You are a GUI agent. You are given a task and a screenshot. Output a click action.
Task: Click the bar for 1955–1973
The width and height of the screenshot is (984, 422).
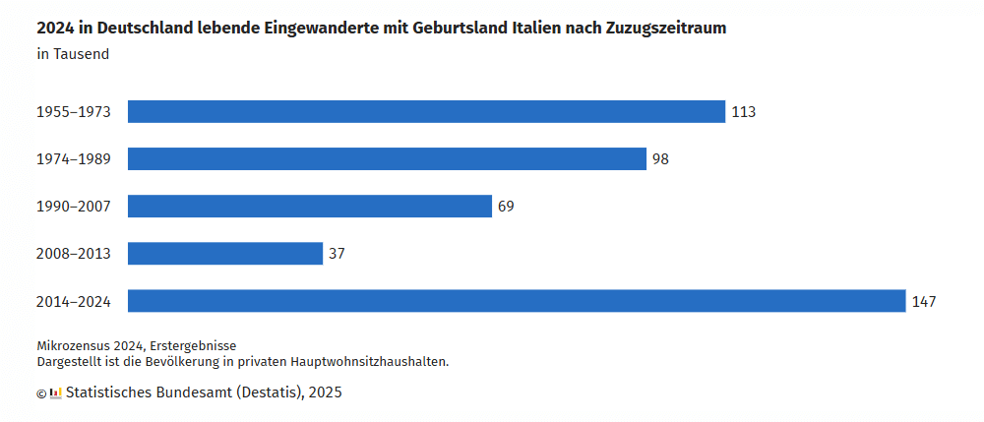[426, 112]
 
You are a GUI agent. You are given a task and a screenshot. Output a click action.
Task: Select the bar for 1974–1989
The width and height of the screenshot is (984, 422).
[387, 159]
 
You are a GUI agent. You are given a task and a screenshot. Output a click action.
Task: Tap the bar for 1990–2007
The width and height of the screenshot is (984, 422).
[310, 207]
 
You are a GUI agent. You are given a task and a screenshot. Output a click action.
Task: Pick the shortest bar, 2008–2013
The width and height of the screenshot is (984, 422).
[225, 254]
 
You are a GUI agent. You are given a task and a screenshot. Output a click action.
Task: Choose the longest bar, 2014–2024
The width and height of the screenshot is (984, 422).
[517, 301]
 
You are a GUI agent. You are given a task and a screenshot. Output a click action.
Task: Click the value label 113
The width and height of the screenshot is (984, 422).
[743, 112]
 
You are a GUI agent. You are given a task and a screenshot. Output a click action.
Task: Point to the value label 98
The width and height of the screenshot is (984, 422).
[660, 159]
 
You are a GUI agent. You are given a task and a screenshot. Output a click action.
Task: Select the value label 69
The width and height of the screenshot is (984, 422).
[506, 207]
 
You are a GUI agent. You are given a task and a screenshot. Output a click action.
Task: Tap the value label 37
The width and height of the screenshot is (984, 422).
[337, 254]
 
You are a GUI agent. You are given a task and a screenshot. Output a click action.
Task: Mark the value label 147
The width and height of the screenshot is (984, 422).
[923, 301]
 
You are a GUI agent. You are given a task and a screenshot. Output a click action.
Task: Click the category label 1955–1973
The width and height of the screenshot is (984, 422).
[73, 112]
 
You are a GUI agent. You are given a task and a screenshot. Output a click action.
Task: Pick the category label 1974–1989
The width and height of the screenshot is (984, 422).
[73, 159]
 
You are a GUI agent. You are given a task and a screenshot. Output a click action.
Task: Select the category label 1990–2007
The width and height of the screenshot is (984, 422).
[73, 207]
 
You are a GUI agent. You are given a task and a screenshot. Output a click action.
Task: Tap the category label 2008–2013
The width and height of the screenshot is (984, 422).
[73, 254]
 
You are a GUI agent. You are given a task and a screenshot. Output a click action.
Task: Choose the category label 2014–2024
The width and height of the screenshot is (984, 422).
[73, 301]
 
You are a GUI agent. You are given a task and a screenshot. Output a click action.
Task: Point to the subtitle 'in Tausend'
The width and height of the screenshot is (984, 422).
[73, 54]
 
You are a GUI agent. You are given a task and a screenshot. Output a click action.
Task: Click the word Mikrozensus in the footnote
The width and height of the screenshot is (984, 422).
[76, 346]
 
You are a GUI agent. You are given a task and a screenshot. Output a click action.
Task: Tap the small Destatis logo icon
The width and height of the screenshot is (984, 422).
[56, 392]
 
